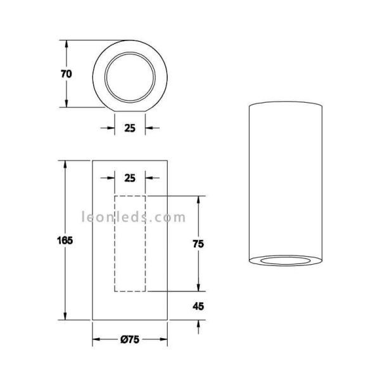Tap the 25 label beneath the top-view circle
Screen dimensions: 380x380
point(130,127)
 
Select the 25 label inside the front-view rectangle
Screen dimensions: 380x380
point(130,178)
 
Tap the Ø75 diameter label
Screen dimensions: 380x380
point(130,340)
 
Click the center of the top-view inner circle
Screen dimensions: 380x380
point(130,74)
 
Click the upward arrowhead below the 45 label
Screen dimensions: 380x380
point(199,324)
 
